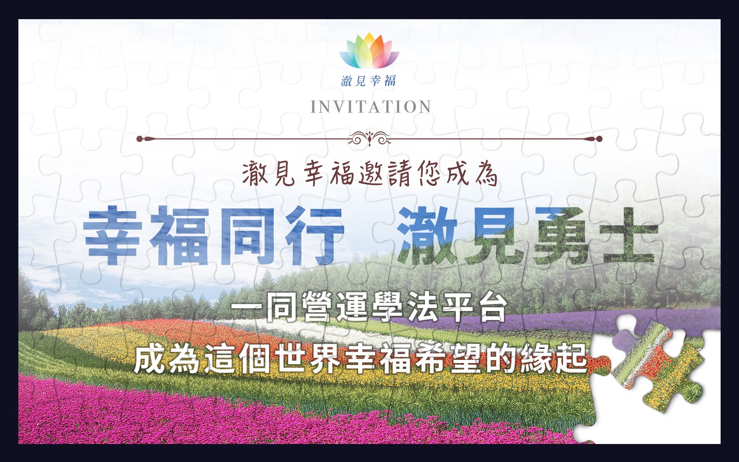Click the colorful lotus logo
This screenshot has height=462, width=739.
click(369, 51)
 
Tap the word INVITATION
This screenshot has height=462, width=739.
click(371, 107)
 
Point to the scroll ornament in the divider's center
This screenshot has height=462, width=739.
click(369, 138)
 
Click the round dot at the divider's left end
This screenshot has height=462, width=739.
click(140, 139)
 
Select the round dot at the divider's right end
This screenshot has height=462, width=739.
click(599, 139)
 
